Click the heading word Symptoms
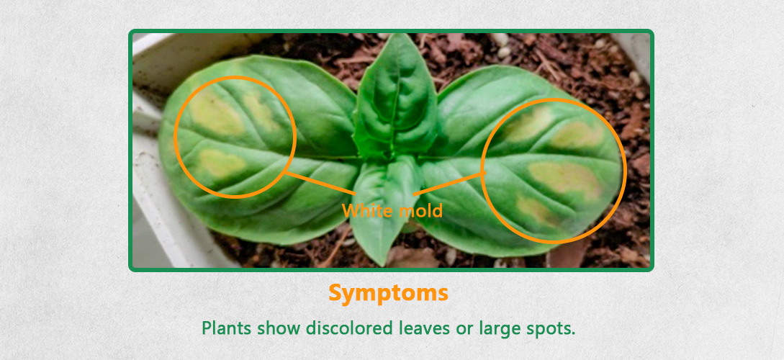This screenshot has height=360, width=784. point(388,294)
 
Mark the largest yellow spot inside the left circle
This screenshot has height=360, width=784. point(216,112)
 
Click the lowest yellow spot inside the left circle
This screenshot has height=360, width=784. point(220,163)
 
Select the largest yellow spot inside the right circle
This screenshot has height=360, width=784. point(565,179)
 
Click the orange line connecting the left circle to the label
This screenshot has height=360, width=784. point(320,183)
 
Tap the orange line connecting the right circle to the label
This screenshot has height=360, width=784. point(449,183)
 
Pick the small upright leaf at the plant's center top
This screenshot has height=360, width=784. point(395,97)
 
